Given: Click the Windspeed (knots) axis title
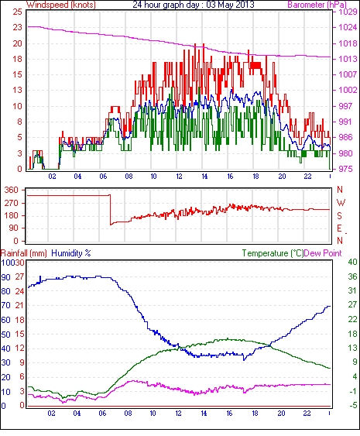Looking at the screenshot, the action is [61, 5].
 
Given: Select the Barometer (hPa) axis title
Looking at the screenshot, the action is [317, 5].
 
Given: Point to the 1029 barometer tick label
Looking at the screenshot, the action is [348, 12].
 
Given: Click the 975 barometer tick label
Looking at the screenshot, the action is [345, 169].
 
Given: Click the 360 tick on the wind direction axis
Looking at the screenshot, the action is [11, 191].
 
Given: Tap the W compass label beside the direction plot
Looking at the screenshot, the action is [341, 203].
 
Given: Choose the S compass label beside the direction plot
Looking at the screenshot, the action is [339, 216].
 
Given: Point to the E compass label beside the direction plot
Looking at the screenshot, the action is [339, 228].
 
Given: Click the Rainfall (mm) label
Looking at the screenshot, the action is [24, 253].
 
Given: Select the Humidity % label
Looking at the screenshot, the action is [71, 253].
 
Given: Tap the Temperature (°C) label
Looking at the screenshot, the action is [273, 253].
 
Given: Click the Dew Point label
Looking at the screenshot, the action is [323, 253].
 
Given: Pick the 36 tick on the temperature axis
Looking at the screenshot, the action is [352, 276].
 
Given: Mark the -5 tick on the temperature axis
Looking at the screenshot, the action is [353, 406].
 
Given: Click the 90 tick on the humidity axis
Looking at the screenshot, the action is [6, 277].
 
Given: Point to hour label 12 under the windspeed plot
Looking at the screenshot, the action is [179, 177].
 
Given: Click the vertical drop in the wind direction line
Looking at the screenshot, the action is [110, 210].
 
